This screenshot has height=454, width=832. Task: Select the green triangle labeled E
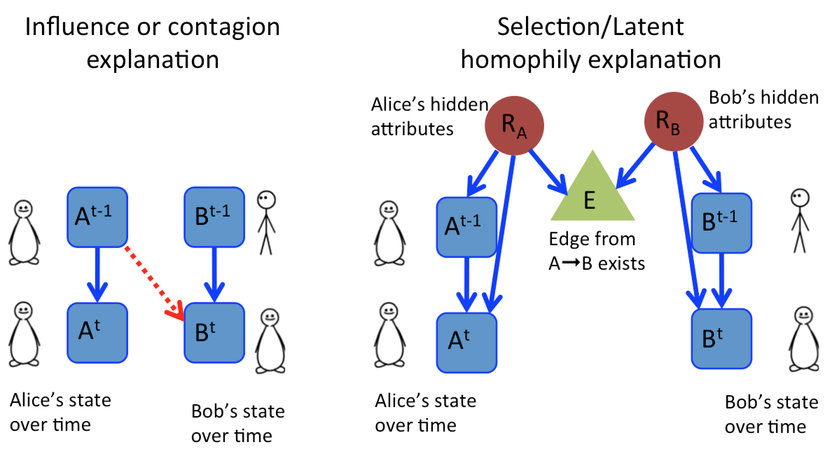(592, 196)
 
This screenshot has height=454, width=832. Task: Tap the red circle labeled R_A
(514, 125)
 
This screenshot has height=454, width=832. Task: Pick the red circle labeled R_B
(673, 121)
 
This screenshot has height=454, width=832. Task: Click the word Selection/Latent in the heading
(590, 27)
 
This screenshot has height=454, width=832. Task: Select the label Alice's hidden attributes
(429, 117)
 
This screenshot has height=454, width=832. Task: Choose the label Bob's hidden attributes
(763, 110)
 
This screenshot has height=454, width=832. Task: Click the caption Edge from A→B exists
(596, 251)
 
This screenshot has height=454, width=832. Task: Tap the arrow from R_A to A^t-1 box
(483, 174)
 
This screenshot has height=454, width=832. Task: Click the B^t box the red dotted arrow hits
(214, 332)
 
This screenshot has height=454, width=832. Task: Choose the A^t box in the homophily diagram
(466, 342)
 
